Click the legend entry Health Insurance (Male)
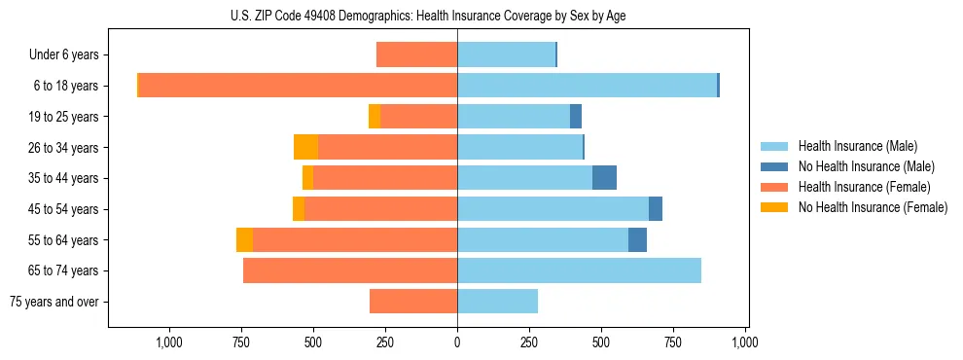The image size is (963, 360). [857, 146]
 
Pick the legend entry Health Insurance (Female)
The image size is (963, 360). [864, 187]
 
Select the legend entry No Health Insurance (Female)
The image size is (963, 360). [873, 207]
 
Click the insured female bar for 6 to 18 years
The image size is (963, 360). [298, 86]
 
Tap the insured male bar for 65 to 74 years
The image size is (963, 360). [579, 270]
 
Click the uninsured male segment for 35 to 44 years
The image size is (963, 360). [604, 178]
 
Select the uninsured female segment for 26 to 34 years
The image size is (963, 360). [305, 147]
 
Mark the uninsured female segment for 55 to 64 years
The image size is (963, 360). [244, 239]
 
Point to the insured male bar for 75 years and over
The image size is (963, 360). [497, 302]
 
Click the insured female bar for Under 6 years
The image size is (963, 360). [416, 55]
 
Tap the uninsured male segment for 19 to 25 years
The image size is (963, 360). [576, 117]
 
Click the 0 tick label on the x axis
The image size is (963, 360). [457, 342]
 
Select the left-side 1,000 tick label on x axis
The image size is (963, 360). [169, 342]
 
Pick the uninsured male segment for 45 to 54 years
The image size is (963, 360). [656, 209]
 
